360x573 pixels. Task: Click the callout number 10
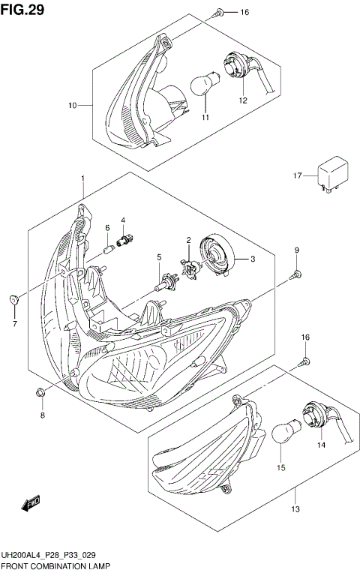[x=73, y=106]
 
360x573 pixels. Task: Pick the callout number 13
[x=295, y=510]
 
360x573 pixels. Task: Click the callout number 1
[x=82, y=178]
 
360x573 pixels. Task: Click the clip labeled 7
[x=14, y=300]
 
